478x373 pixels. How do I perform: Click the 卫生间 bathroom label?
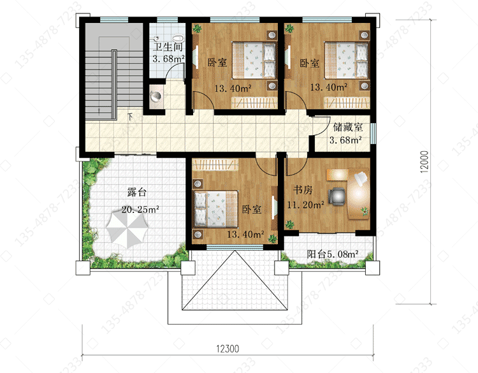tap(168, 47)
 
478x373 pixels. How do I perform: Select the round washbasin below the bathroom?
tap(156, 96)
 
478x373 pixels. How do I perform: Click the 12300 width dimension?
tap(228, 349)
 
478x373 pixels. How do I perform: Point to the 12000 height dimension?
tap(424, 162)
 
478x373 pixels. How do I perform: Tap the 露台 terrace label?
tap(137, 192)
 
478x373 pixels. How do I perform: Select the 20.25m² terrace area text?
tap(140, 210)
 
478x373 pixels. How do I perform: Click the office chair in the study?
tap(337, 196)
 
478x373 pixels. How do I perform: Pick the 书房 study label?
tap(303, 190)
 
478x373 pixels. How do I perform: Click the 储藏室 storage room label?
tap(348, 127)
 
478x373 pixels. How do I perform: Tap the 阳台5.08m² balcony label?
tap(333, 254)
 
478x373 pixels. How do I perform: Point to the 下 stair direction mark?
tap(130, 117)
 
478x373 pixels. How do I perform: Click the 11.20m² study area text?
tap(305, 205)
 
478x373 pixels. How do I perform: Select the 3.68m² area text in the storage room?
tap(345, 140)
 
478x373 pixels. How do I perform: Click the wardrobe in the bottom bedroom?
tap(215, 165)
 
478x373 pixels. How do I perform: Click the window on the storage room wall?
tap(373, 133)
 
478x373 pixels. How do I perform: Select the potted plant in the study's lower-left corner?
tap(289, 224)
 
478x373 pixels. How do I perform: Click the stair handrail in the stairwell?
tap(114, 84)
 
